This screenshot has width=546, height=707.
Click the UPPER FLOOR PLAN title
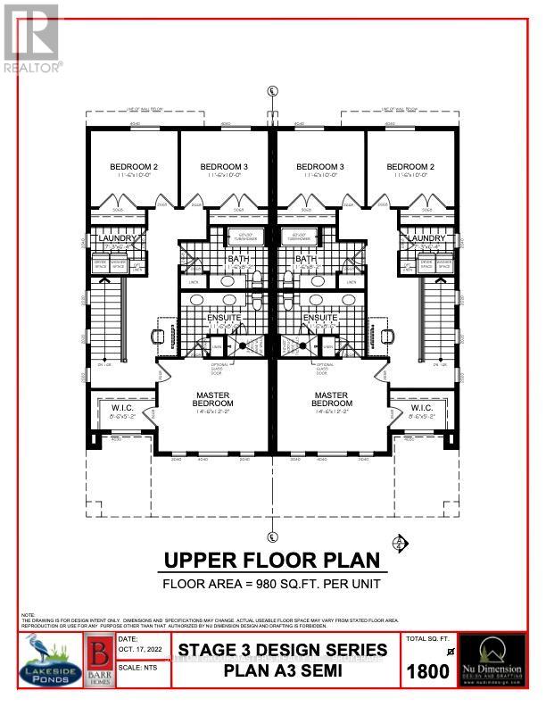point(272,561)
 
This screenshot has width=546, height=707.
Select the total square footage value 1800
point(429,671)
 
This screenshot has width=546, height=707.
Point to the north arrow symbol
point(400,542)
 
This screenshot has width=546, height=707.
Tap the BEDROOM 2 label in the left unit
point(134,167)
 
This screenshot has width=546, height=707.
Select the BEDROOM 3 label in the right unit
point(319,167)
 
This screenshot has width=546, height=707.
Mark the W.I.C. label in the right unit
point(420,408)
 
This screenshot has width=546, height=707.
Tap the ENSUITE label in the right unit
point(318,317)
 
